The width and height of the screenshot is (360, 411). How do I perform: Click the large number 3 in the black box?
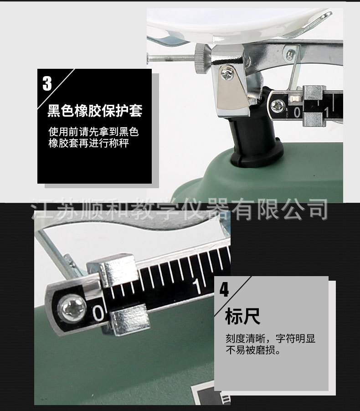click(x=47, y=83)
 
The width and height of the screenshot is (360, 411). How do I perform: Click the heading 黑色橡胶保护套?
click(x=95, y=111)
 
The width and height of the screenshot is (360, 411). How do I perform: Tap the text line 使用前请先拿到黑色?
click(x=93, y=132)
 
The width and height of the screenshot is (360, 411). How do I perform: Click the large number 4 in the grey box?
click(x=224, y=290)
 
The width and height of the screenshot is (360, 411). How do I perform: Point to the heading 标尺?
click(x=242, y=317)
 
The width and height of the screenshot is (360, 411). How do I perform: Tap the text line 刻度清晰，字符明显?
click(x=271, y=339)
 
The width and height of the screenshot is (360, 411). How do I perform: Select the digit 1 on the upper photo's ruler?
click(x=327, y=111)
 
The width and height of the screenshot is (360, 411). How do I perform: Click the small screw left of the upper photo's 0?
click(x=276, y=106)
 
